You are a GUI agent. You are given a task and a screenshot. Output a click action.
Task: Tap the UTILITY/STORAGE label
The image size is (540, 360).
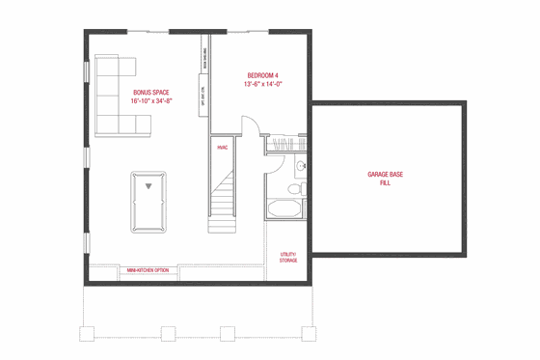[x=288, y=258]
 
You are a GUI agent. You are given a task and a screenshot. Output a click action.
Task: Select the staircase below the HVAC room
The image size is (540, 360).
[x=222, y=198]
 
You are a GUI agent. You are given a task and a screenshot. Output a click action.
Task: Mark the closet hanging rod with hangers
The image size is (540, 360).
[x=285, y=145]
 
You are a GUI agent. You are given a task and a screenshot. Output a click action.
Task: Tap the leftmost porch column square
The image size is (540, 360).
[x=84, y=334]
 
